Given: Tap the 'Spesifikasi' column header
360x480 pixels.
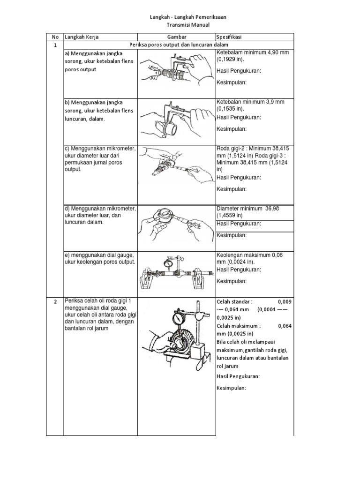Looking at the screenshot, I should tap(229, 37).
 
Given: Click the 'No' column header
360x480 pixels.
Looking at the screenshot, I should tap(54, 37).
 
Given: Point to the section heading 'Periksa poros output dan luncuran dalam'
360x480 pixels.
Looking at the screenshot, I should tap(179, 45).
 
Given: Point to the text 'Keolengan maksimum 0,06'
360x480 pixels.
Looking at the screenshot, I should tap(249, 255).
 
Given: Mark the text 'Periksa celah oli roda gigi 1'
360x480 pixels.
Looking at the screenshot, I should tap(99, 301).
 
